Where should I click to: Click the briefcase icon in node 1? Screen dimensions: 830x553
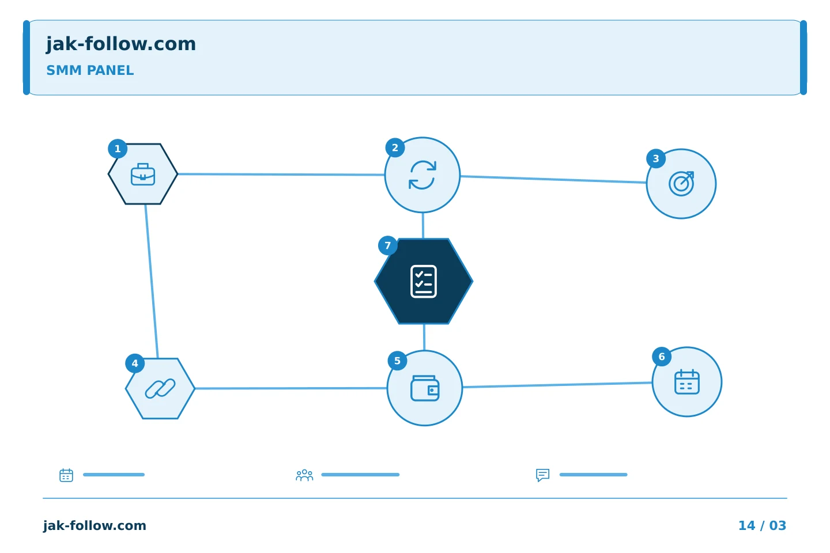[x=143, y=174]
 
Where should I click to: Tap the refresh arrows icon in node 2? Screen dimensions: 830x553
[x=422, y=175]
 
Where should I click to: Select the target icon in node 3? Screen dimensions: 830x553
[x=681, y=184]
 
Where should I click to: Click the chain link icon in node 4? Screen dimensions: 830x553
[x=160, y=388]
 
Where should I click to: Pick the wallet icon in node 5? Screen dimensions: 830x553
[x=425, y=388]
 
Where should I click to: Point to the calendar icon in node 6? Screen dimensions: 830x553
[x=687, y=382]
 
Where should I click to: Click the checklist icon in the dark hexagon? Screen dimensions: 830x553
[x=424, y=282]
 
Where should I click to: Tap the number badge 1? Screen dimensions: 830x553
[x=118, y=149]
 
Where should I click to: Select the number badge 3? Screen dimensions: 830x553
[x=656, y=159]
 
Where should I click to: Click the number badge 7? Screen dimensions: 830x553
[x=387, y=245]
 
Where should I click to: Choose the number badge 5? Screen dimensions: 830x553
[x=397, y=361]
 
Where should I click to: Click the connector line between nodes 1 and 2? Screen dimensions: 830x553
[x=281, y=175]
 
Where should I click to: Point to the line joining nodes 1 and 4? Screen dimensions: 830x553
[x=152, y=281]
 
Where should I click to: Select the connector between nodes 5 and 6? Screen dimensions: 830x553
[x=557, y=385]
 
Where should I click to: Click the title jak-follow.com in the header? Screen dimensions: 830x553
[x=121, y=44]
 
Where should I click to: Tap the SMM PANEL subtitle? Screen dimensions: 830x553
[x=90, y=70]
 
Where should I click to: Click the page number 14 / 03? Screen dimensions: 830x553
[x=762, y=525]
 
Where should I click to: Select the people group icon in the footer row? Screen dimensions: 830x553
[x=304, y=475]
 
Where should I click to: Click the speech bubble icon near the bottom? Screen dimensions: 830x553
[x=542, y=475]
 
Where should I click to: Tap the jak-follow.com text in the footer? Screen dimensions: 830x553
[x=95, y=525]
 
